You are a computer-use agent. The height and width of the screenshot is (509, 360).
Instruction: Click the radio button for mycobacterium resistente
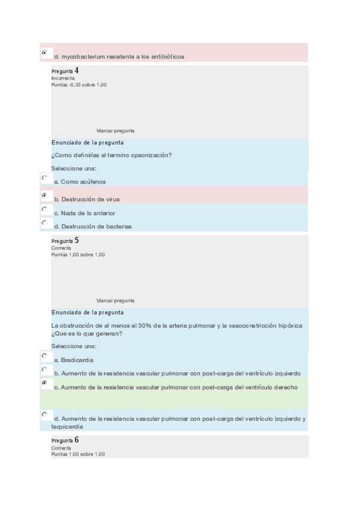pyautogui.click(x=44, y=53)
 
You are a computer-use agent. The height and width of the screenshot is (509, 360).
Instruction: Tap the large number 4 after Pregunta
pyautogui.click(x=76, y=71)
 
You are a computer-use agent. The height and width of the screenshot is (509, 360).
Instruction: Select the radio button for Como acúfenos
pyautogui.click(x=44, y=178)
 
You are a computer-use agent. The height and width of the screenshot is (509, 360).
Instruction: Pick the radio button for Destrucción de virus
pyautogui.click(x=44, y=195)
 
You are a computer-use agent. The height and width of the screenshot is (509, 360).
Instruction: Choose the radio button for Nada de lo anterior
pyautogui.click(x=44, y=209)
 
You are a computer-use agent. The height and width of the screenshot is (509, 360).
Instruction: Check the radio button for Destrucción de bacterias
pyautogui.click(x=44, y=223)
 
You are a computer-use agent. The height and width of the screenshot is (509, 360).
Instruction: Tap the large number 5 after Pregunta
pyautogui.click(x=76, y=240)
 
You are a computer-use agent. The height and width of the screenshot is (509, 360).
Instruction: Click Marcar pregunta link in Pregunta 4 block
pyautogui.click(x=115, y=130)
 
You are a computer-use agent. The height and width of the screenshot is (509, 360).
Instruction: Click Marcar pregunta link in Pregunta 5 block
pyautogui.click(x=115, y=300)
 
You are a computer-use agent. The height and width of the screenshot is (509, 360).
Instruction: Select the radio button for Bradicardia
pyautogui.click(x=44, y=355)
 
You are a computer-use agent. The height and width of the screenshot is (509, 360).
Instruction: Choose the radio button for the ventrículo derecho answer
pyautogui.click(x=44, y=382)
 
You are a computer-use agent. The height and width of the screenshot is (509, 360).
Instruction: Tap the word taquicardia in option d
pyautogui.click(x=67, y=427)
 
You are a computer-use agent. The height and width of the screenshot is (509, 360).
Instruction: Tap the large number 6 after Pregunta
pyautogui.click(x=76, y=440)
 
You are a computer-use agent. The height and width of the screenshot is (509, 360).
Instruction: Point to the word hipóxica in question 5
pyautogui.click(x=290, y=325)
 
